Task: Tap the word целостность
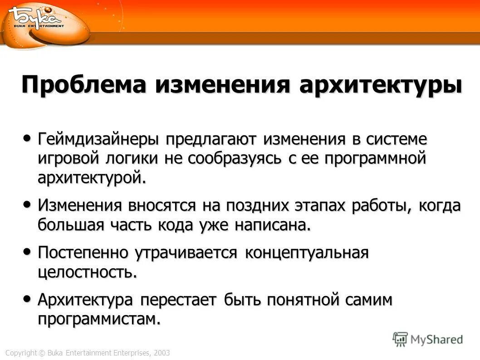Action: click(87, 272)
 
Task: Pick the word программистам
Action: click(99, 319)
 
